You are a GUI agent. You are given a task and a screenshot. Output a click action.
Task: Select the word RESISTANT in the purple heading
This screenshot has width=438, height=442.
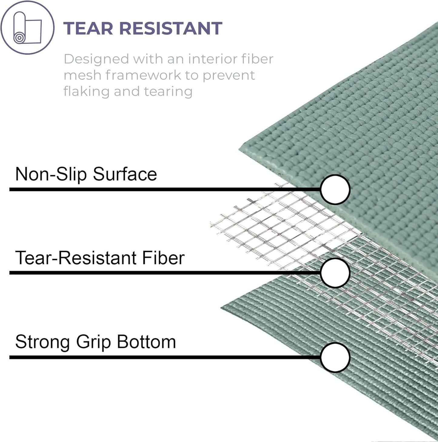pyautogui.click(x=171, y=28)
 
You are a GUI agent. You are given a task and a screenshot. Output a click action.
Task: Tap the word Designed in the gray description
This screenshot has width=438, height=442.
pyautogui.click(x=96, y=59)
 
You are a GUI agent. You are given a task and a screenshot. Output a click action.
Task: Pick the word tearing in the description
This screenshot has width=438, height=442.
pyautogui.click(x=169, y=92)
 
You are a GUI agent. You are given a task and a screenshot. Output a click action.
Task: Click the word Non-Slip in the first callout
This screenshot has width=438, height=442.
pyautogui.click(x=51, y=174)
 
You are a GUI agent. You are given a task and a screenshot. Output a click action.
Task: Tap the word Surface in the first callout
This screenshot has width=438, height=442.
pyautogui.click(x=125, y=174)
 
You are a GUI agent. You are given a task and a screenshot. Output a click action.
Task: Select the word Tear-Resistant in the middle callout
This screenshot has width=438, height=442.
pyautogui.click(x=76, y=258)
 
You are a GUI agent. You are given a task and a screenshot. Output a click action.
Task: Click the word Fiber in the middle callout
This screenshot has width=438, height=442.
pyautogui.click(x=163, y=258)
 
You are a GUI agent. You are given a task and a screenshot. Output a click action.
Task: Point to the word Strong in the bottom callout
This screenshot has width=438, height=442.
pyautogui.click(x=43, y=342)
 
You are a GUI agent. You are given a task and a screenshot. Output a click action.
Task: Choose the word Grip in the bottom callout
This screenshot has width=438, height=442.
pyautogui.click(x=94, y=342)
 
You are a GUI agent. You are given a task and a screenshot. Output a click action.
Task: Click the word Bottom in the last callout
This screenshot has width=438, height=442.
pyautogui.click(x=146, y=342)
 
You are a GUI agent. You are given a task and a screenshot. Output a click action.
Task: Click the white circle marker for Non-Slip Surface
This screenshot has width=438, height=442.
pyautogui.click(x=335, y=189)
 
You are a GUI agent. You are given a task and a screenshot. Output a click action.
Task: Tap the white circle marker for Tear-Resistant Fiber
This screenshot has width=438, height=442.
pyautogui.click(x=335, y=273)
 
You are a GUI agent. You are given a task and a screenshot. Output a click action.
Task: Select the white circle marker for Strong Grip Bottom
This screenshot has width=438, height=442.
pyautogui.click(x=335, y=357)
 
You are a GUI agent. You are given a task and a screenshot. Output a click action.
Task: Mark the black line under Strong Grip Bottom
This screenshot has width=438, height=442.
pyautogui.click(x=165, y=357)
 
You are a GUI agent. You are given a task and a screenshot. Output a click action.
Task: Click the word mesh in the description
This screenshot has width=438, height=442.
pyautogui.click(x=82, y=75)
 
